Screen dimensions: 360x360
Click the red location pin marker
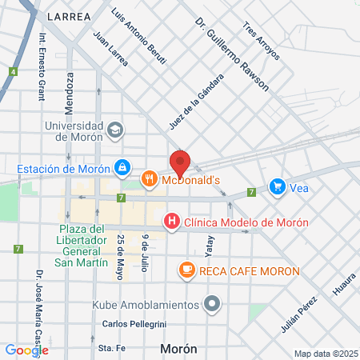pos(180,162)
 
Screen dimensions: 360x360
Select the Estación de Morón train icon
pos(122,168)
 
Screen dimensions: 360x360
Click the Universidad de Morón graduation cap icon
pos(115,129)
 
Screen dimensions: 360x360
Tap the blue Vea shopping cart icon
pos(277,186)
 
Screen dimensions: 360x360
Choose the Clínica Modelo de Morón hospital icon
pos(170,221)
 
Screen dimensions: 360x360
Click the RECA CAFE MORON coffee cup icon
pos(186,270)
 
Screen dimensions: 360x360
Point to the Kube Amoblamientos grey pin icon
pos(211,304)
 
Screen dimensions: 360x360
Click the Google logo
pos(26,350)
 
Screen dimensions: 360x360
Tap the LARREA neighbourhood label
pos(69,15)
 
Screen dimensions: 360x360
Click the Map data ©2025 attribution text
pos(324,354)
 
